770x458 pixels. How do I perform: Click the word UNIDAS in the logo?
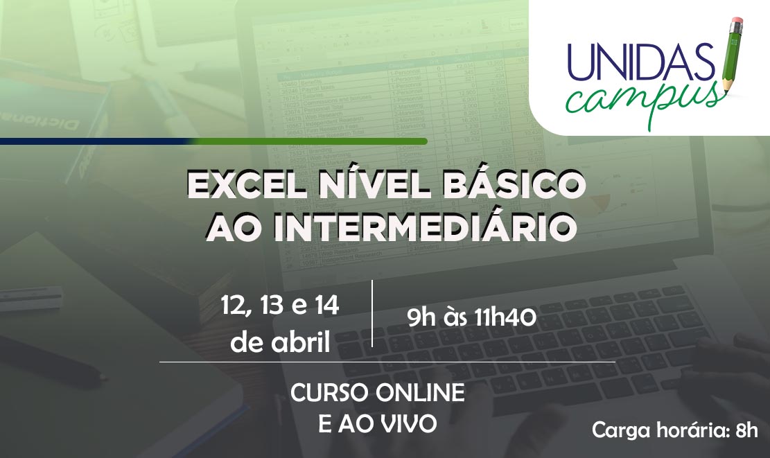click(641, 62)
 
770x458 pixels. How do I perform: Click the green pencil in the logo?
click(733, 54)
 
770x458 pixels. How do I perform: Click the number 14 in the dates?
click(326, 305)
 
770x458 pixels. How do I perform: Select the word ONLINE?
click(420, 393)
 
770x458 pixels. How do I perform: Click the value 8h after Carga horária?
click(747, 430)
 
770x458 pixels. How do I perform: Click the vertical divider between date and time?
click(372, 314)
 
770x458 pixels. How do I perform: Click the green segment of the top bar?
click(309, 141)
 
